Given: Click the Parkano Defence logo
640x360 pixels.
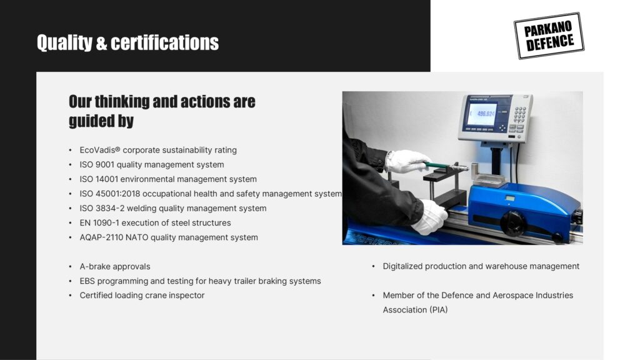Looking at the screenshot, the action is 549,36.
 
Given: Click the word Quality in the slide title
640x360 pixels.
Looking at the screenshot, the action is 65,42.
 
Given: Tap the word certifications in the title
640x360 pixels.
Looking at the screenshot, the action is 165,42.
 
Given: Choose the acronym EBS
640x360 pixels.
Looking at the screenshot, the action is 87,281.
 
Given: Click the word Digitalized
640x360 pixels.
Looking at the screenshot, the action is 402,266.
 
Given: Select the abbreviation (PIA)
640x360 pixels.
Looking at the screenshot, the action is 438,310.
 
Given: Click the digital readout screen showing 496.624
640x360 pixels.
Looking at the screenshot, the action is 482,114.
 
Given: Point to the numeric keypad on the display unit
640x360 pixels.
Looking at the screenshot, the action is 519,114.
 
